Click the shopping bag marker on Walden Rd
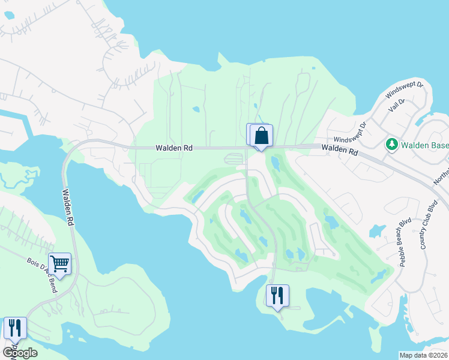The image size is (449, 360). click(x=261, y=136)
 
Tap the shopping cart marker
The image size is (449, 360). click(x=59, y=263)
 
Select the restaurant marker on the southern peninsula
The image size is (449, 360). click(x=277, y=295)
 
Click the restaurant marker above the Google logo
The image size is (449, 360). click(x=15, y=328)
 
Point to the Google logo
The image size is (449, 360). click(x=19, y=352)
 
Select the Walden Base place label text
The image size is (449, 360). click(x=424, y=145)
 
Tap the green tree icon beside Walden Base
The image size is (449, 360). click(x=391, y=144)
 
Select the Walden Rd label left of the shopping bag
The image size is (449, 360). click(x=173, y=147)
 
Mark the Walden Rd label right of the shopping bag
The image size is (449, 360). click(x=339, y=150)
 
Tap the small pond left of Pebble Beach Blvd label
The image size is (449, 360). click(x=377, y=230)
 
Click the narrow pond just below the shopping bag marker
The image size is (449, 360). click(x=275, y=162)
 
